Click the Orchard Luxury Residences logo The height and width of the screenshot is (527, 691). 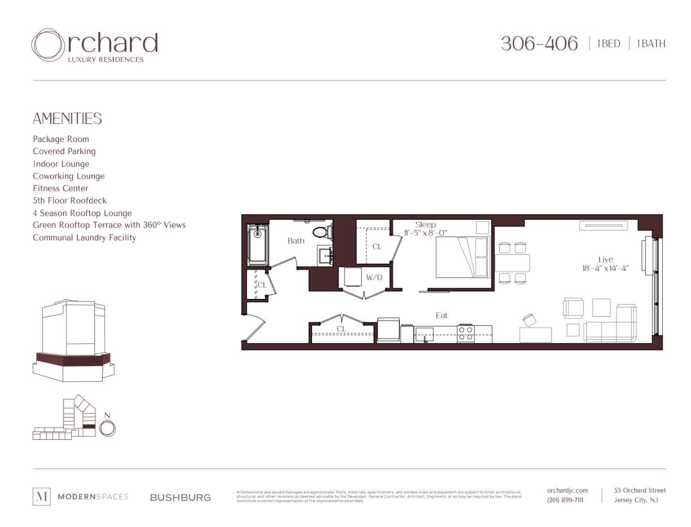[95, 46]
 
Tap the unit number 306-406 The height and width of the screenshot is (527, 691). [539, 44]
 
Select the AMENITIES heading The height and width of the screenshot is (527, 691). [67, 119]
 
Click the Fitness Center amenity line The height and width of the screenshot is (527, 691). [61, 188]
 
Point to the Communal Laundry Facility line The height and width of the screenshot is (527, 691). [84, 238]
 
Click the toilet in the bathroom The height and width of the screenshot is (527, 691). [320, 232]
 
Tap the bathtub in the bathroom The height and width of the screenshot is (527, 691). [257, 245]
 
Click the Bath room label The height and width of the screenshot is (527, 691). [296, 241]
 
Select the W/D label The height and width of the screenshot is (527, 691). [374, 278]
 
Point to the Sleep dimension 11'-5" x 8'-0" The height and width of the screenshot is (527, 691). [425, 233]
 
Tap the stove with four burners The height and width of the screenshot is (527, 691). [466, 333]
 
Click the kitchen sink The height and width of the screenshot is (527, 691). [424, 334]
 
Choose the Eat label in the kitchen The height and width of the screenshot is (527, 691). [441, 315]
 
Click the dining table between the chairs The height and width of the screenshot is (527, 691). [512, 263]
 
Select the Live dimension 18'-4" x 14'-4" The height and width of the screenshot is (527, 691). [605, 268]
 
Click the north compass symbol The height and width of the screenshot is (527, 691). [108, 428]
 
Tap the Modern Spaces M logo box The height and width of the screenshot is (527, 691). [41, 496]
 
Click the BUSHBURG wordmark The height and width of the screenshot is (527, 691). [180, 497]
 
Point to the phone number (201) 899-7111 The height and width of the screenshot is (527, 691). [565, 500]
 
